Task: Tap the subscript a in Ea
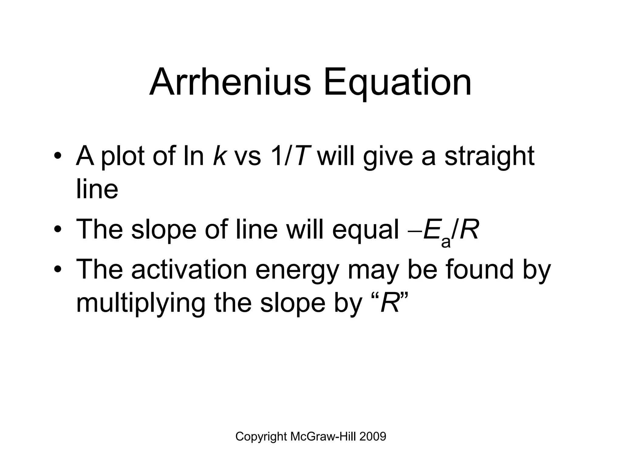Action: tap(446, 242)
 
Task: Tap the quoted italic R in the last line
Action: tap(390, 303)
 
